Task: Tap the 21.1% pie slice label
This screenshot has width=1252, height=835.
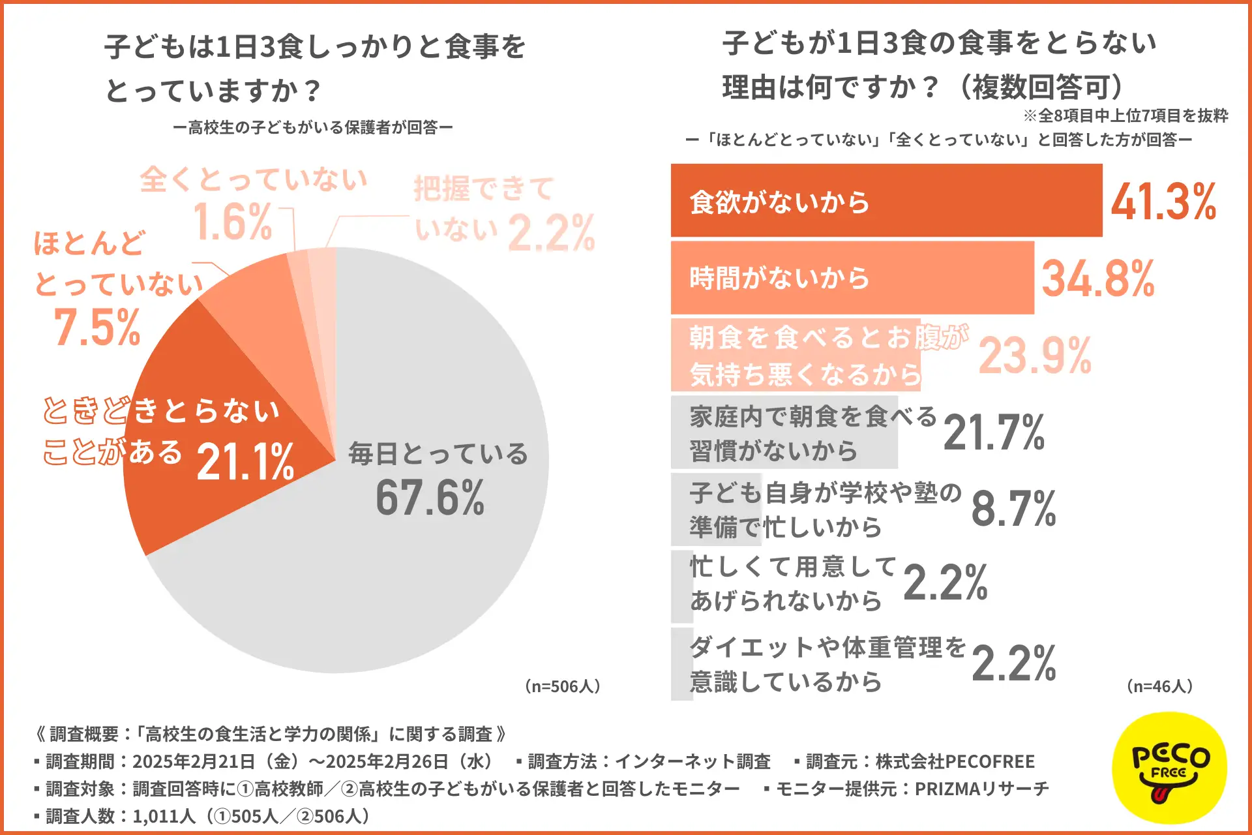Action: (x=245, y=462)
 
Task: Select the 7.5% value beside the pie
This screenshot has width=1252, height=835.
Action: (x=97, y=327)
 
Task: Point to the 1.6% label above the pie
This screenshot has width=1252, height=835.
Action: (x=232, y=222)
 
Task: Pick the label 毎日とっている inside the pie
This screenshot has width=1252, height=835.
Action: (x=438, y=453)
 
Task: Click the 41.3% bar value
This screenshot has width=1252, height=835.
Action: (x=1163, y=202)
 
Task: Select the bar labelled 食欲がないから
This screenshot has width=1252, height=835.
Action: (x=886, y=201)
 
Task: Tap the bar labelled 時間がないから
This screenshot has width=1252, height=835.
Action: (x=852, y=278)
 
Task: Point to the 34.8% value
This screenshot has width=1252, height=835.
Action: (x=1097, y=279)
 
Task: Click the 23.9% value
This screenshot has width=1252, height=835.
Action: (x=1035, y=356)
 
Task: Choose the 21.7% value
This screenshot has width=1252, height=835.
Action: (x=994, y=433)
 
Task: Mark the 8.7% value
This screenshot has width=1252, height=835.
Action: (x=1013, y=509)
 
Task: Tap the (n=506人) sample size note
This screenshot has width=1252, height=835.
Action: (x=562, y=686)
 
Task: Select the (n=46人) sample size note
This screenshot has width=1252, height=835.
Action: (x=1159, y=686)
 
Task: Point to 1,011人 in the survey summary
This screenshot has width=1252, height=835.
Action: (x=164, y=816)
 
